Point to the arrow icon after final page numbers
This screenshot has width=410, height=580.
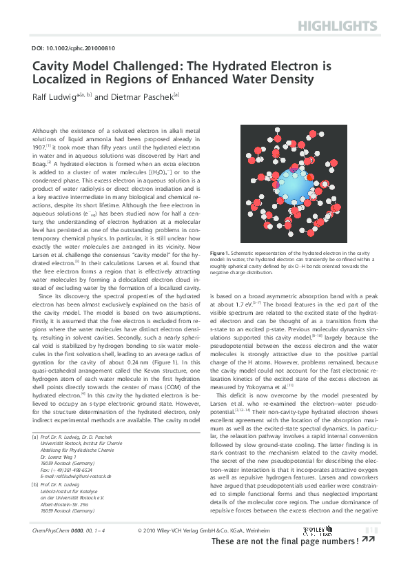pos(368,559)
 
